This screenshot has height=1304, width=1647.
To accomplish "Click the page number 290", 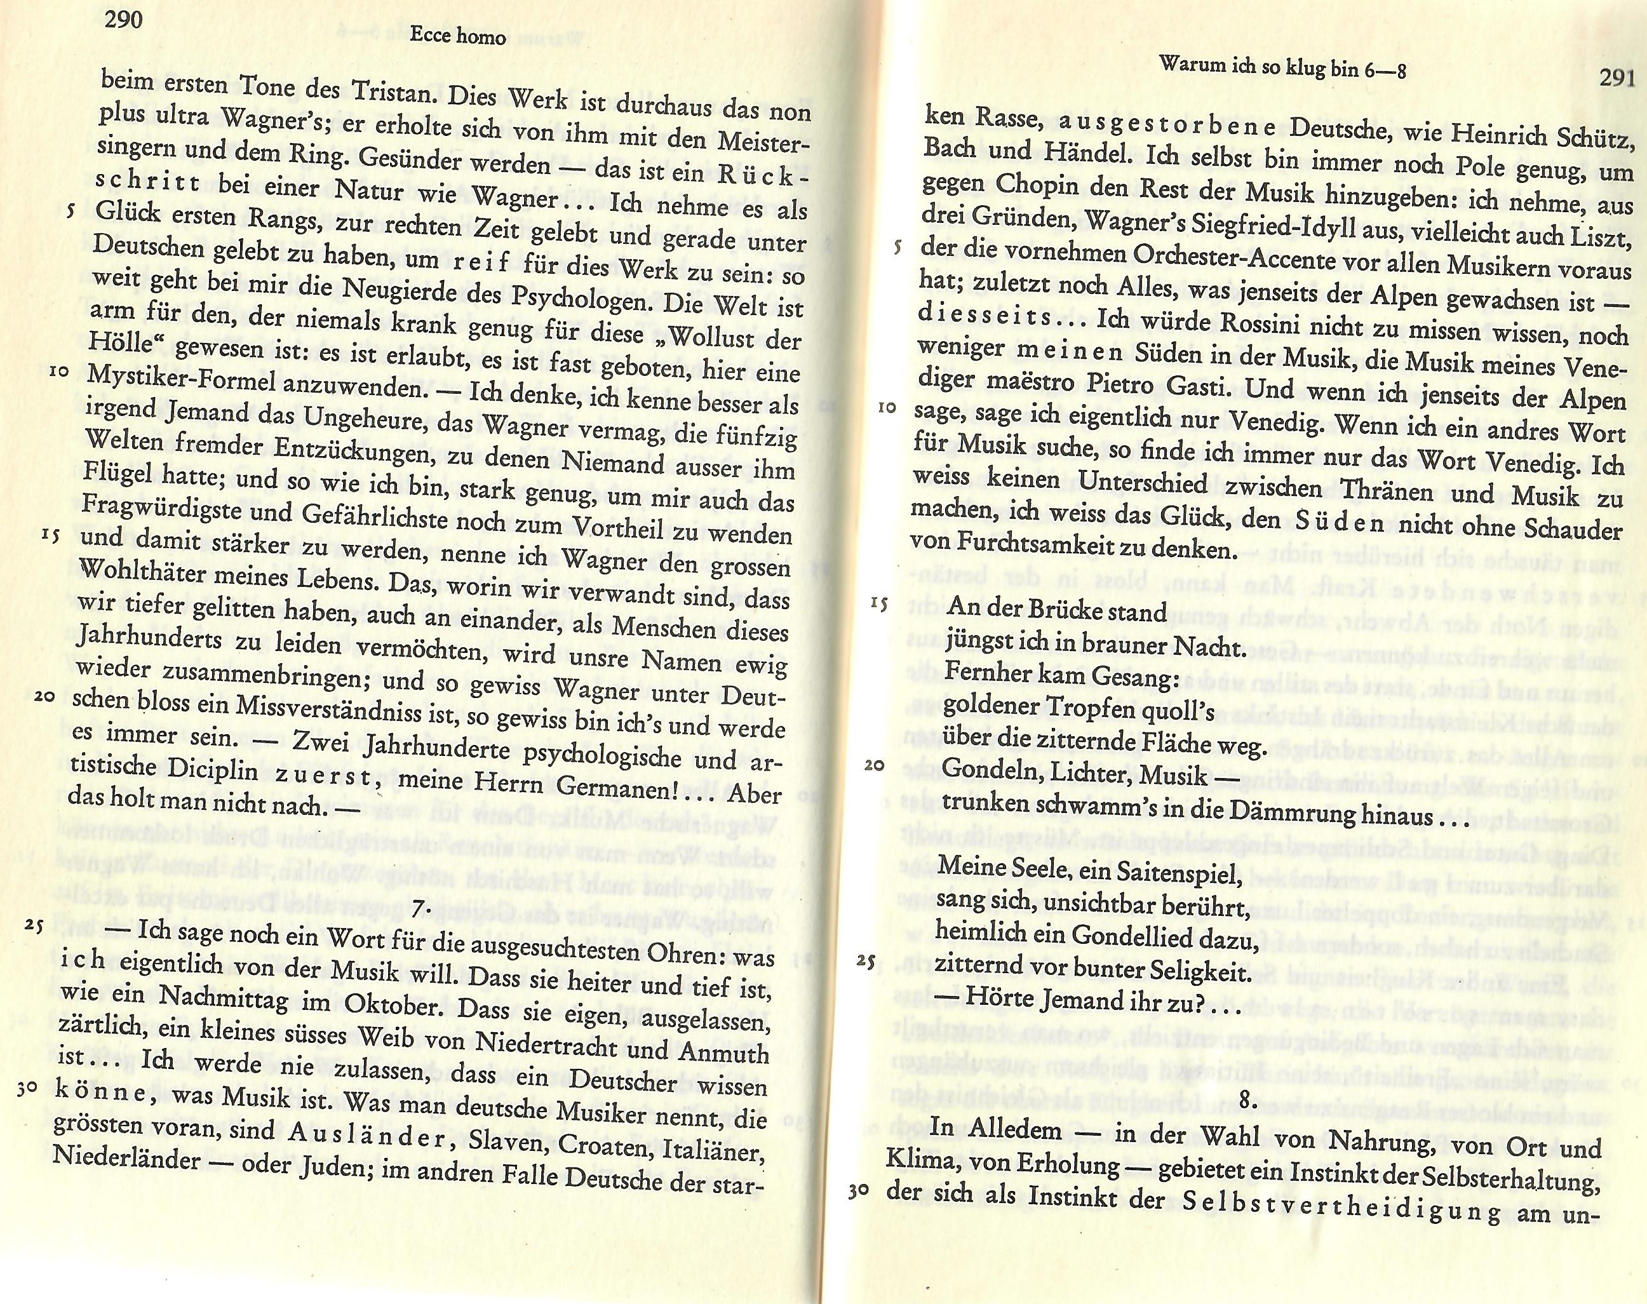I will click(x=124, y=18).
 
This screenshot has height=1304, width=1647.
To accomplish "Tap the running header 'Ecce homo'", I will click(x=457, y=35).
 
